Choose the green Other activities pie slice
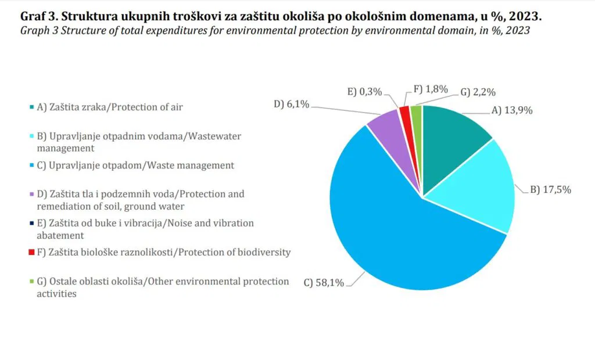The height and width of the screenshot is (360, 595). tap(415, 110)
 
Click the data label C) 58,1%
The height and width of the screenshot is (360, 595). tap(324, 283)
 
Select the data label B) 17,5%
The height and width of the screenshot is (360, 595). tap(550, 189)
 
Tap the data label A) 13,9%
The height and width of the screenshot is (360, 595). tap(512, 110)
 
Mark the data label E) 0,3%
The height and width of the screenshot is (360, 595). tap(365, 91)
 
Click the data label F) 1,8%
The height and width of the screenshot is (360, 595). tap(431, 89)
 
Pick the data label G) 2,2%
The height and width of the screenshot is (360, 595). tap(478, 92)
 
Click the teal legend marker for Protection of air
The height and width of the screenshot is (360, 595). tap(31, 107)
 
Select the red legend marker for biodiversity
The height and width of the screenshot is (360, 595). tap(31, 253)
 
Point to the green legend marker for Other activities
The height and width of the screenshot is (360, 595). tap(31, 282)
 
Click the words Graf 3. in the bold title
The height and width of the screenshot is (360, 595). tap(41, 15)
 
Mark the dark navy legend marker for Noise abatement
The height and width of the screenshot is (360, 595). tap(31, 224)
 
